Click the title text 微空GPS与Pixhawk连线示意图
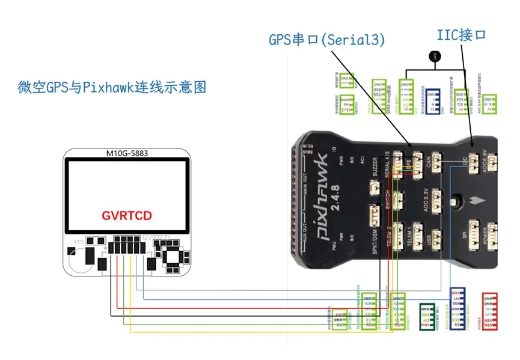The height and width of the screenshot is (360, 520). pyautogui.click(x=112, y=87)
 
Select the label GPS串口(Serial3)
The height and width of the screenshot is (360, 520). pyautogui.click(x=326, y=40)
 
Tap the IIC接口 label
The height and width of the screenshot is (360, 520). pyautogui.click(x=460, y=35)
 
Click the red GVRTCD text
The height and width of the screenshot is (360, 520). pyautogui.click(x=126, y=215)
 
